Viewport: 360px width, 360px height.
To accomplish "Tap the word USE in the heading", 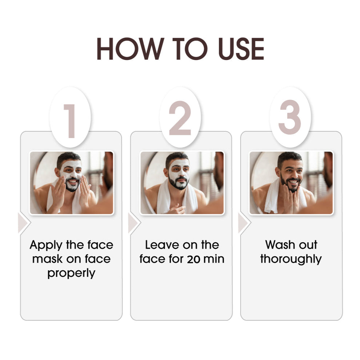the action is (x=241, y=49).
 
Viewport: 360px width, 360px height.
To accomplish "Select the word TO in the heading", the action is (x=190, y=49).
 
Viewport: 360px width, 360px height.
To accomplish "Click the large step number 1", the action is (x=70, y=121).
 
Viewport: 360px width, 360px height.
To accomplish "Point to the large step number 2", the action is (x=180, y=118).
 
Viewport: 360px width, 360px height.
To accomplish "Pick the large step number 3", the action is (x=290, y=117).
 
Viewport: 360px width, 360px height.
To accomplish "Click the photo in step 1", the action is (x=71, y=183).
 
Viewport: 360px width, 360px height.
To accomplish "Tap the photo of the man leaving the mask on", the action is (x=182, y=183).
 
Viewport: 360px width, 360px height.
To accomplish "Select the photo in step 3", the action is (x=291, y=183).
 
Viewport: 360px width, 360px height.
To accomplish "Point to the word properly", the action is (x=71, y=274).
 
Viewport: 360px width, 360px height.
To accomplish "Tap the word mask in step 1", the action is (x=47, y=259).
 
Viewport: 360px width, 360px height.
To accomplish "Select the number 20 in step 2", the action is (x=193, y=259).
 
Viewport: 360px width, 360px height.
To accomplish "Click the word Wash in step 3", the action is (x=279, y=245).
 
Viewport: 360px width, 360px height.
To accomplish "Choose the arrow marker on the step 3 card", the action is (x=244, y=223).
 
